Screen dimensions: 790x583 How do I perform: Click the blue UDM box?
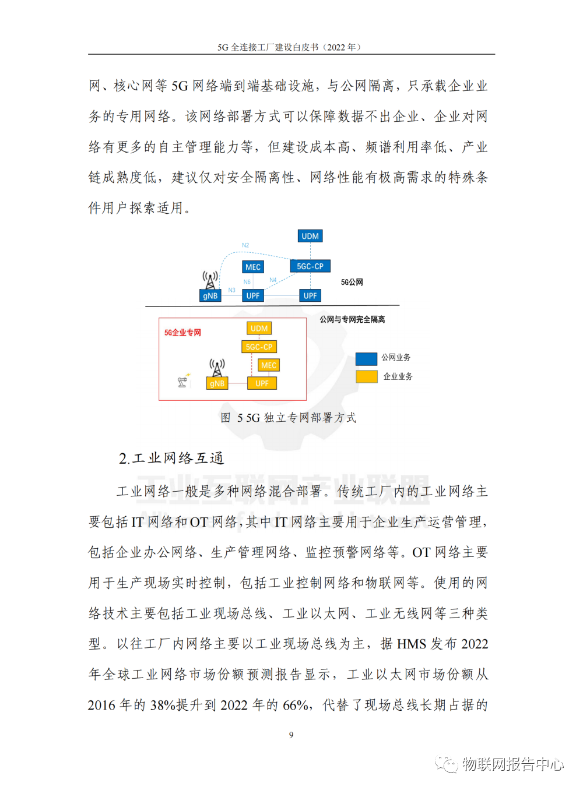tap(310, 236)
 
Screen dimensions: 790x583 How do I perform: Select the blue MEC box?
tap(253, 267)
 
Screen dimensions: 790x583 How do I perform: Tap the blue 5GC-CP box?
tap(310, 266)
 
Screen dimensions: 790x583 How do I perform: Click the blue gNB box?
tap(210, 296)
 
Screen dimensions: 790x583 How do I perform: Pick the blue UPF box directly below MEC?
tap(253, 296)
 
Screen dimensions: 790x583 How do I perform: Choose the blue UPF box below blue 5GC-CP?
tap(310, 296)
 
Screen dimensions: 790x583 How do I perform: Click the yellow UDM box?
tap(259, 329)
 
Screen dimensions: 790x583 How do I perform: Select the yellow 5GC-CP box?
tap(259, 347)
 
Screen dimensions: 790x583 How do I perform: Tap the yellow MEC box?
tap(269, 365)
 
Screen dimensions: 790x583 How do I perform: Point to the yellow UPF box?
tap(262, 383)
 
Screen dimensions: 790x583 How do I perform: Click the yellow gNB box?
tap(217, 383)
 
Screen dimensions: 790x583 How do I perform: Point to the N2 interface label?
tap(245, 245)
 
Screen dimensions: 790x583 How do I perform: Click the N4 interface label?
tap(273, 280)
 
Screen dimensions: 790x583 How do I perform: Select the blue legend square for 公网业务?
tap(367, 358)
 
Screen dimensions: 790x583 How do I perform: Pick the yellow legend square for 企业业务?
tap(367, 377)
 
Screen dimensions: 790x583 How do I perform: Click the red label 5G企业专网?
tap(182, 333)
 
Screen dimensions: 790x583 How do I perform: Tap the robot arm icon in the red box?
tap(183, 381)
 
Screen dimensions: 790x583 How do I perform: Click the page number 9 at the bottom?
tap(291, 735)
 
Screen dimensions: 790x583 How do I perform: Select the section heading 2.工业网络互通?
tap(171, 459)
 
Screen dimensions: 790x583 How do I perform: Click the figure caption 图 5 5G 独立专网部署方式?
tap(289, 418)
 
